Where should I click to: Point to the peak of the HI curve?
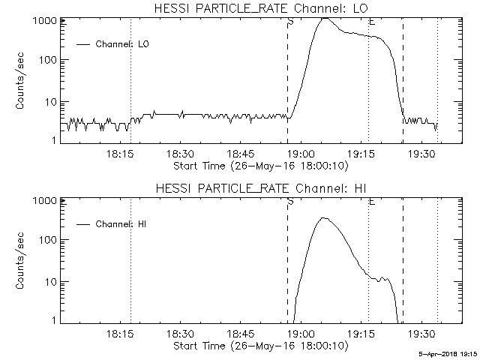tap(323, 217)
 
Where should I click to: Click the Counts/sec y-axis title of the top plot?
tap(20, 81)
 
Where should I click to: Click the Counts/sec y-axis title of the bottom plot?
tap(20, 260)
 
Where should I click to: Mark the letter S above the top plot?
tap(290, 22)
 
